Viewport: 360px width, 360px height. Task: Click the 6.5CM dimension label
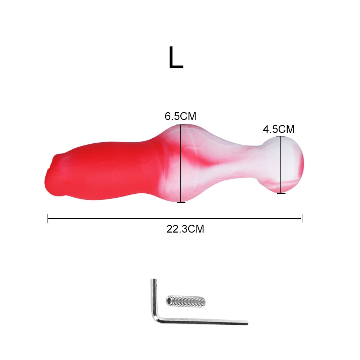click(180, 116)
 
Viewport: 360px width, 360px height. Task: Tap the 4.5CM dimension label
click(278, 129)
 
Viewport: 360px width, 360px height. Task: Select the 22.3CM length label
click(185, 229)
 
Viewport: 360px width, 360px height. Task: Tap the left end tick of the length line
click(48, 218)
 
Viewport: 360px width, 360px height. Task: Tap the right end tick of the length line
click(302, 218)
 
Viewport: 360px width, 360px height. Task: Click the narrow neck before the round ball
click(252, 162)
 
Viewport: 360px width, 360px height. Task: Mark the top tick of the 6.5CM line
click(181, 125)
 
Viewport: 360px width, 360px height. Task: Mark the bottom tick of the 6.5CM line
click(181, 202)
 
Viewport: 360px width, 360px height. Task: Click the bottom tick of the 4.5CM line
click(281, 193)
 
